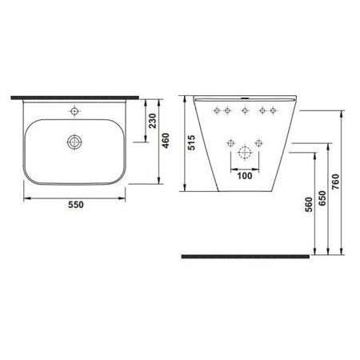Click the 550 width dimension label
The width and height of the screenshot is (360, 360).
click(x=74, y=205)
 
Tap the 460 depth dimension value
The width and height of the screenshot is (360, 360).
click(x=166, y=141)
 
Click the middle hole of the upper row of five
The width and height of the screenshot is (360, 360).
click(x=243, y=111)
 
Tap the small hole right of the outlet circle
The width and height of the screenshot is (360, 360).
click(x=258, y=143)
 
